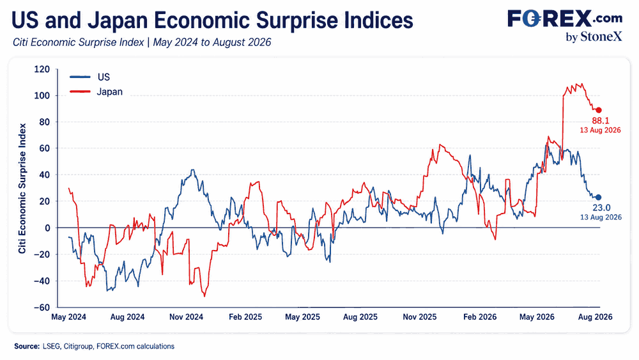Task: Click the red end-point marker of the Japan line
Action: click(x=599, y=110)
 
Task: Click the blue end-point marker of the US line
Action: click(x=598, y=198)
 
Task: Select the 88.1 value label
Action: click(x=601, y=121)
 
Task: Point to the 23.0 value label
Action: click(x=601, y=208)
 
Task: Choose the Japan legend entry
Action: click(x=96, y=91)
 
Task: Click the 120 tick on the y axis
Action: click(x=42, y=69)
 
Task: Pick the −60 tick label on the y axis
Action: click(x=42, y=308)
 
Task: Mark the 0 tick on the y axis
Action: click(x=47, y=228)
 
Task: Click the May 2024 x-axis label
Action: click(x=68, y=317)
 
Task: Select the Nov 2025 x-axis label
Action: click(x=419, y=317)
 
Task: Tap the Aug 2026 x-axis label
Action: click(x=596, y=317)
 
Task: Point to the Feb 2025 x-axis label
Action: click(x=245, y=317)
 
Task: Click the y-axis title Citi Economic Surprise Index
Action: click(x=22, y=189)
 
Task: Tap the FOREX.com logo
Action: click(x=565, y=19)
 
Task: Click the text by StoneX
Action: click(x=594, y=36)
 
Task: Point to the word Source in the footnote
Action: click(x=26, y=346)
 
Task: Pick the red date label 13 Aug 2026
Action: click(x=600, y=130)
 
